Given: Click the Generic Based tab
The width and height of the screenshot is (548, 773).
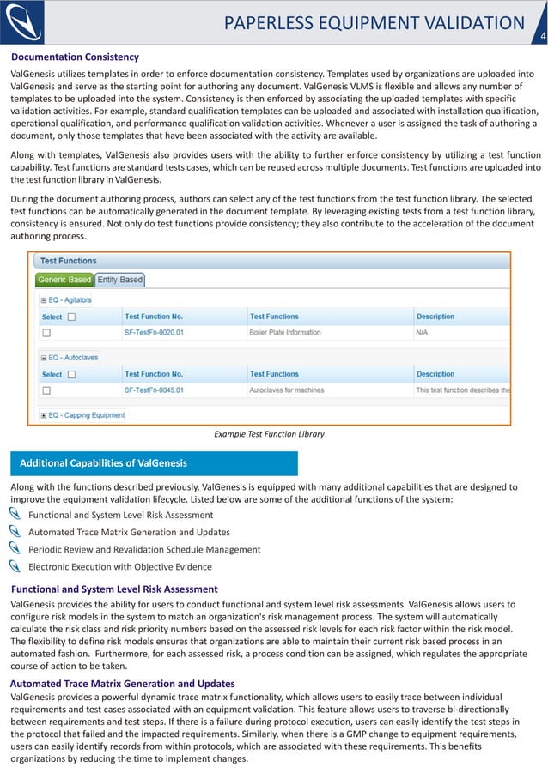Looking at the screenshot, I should pyautogui.click(x=64, y=280).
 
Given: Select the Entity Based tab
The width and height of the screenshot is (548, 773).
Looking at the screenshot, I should pyautogui.click(x=119, y=280).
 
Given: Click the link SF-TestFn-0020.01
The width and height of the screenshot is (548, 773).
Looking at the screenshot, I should pyautogui.click(x=154, y=332).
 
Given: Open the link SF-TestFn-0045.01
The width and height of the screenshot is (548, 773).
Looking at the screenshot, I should pyautogui.click(x=154, y=390).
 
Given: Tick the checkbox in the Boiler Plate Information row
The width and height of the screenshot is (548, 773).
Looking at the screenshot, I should pyautogui.click(x=47, y=332).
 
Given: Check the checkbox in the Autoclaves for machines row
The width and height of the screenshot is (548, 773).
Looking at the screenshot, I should pyautogui.click(x=47, y=390).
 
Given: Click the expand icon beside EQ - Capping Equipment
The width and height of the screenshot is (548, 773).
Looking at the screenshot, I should pyautogui.click(x=44, y=415).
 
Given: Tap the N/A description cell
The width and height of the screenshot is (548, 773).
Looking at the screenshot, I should pyautogui.click(x=423, y=332).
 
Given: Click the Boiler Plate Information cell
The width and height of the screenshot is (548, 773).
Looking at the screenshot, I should pyautogui.click(x=286, y=332).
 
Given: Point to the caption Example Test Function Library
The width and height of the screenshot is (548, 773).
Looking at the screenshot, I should pyautogui.click(x=269, y=434).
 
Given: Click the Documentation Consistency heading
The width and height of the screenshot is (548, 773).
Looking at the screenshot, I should pyautogui.click(x=75, y=57).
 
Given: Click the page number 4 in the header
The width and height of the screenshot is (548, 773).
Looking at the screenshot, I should pyautogui.click(x=542, y=36).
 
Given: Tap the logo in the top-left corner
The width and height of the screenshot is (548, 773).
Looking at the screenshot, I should pyautogui.click(x=23, y=21).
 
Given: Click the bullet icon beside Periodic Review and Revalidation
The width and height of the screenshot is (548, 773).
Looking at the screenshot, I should pyautogui.click(x=15, y=548).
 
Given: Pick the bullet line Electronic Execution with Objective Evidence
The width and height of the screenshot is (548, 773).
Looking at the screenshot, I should pyautogui.click(x=119, y=566).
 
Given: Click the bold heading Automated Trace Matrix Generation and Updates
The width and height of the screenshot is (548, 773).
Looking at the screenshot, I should pyautogui.click(x=122, y=684).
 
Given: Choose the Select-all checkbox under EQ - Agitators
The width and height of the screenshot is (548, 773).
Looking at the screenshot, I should pyautogui.click(x=72, y=317).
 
